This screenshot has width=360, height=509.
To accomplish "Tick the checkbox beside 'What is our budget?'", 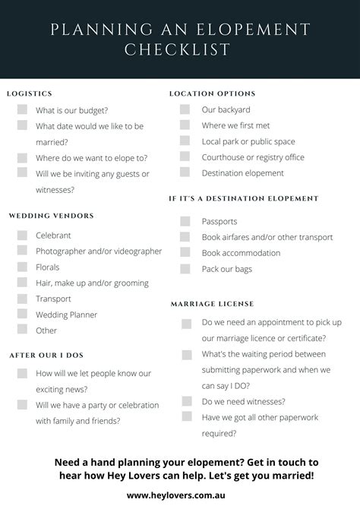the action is pyautogui.click(x=22, y=110).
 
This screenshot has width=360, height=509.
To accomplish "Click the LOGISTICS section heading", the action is pyautogui.click(x=30, y=93).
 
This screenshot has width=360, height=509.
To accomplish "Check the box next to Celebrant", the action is pyautogui.click(x=22, y=236).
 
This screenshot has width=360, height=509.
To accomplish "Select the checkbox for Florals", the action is pyautogui.click(x=22, y=267).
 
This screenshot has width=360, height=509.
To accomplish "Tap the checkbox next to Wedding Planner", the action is pyautogui.click(x=22, y=315).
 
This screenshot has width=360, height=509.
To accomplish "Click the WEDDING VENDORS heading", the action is pyautogui.click(x=52, y=216).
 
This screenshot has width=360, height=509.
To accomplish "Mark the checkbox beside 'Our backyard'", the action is pyautogui.click(x=185, y=109).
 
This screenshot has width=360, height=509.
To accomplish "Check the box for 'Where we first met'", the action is pyautogui.click(x=185, y=125).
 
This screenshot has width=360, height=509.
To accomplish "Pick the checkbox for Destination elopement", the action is pyautogui.click(x=185, y=173).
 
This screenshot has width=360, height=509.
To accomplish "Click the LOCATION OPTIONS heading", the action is pyautogui.click(x=212, y=93).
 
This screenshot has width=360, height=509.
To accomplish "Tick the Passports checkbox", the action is pyautogui.click(x=185, y=221).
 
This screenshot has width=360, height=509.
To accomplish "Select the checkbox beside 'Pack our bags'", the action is pyautogui.click(x=185, y=269).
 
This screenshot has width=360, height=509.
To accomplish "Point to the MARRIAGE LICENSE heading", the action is pyautogui.click(x=212, y=304).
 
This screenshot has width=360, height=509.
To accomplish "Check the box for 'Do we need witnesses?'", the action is pyautogui.click(x=186, y=401).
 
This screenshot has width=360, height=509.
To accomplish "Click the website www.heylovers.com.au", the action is pyautogui.click(x=180, y=495).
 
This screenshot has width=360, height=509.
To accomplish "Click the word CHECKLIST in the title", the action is pyautogui.click(x=180, y=49).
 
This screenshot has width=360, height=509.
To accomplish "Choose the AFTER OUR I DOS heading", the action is pyautogui.click(x=46, y=355).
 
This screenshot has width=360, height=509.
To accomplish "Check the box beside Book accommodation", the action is pyautogui.click(x=185, y=253).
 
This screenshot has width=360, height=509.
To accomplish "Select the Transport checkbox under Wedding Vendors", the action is pyautogui.click(x=22, y=299).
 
